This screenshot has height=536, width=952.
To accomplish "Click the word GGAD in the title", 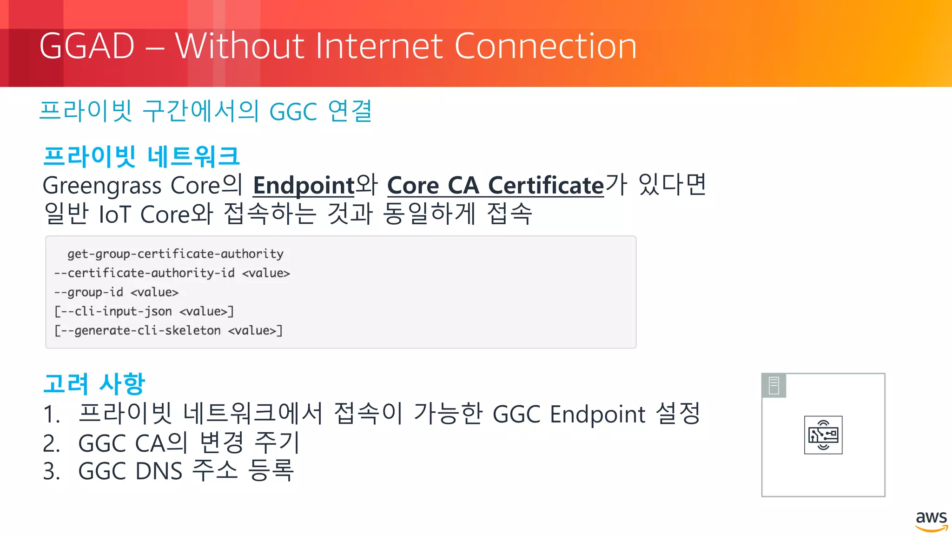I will [87, 46].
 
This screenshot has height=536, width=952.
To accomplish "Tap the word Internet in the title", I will [379, 46].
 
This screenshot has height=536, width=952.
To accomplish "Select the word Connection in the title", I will [545, 46].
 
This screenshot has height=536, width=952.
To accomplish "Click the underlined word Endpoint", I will [304, 186].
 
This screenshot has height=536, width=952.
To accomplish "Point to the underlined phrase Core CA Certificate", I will [495, 186].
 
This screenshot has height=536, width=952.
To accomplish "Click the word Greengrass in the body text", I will [102, 186].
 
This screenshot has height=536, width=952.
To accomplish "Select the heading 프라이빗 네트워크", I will [141, 156].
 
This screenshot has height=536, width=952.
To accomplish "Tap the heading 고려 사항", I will [94, 384].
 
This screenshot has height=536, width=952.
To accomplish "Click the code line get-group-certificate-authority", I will [175, 254].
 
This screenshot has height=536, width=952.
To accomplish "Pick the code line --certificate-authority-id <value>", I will [172, 273].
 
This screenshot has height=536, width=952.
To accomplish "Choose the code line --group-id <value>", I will [116, 292].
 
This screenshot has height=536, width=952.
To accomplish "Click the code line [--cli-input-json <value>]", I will [144, 311].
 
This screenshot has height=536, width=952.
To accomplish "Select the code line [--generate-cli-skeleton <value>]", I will [168, 330].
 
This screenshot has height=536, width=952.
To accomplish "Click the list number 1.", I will [51, 414].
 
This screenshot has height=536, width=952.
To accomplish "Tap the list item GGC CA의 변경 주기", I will [188, 442].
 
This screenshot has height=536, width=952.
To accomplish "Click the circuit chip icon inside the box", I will [823, 435].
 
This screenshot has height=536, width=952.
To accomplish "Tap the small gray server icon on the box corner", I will [774, 386].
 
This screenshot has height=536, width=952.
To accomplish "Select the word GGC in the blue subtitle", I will [293, 112].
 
